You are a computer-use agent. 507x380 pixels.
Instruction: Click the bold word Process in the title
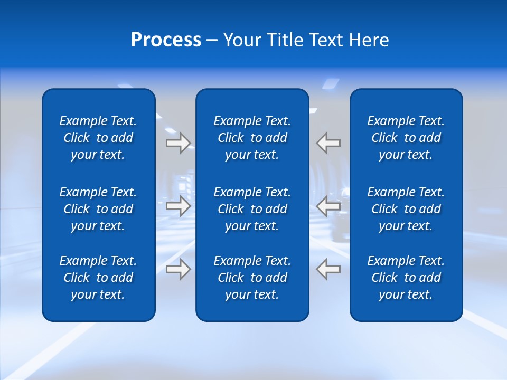point(166,40)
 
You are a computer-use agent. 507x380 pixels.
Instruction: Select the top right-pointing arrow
point(178,142)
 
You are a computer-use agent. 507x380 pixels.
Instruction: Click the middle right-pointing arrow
point(178,206)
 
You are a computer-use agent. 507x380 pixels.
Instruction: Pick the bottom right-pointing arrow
point(178,269)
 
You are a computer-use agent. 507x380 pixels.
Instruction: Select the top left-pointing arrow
point(328,142)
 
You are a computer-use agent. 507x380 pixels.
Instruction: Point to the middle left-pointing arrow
point(328,206)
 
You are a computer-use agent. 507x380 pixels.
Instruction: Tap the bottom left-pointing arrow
point(328,269)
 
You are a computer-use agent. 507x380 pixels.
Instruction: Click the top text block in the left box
point(98,138)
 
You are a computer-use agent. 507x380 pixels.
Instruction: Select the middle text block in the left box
point(98,209)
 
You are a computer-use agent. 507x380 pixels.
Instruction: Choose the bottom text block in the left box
point(98,278)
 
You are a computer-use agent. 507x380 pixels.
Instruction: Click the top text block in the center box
point(252,138)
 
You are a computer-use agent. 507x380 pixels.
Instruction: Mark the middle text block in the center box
point(252,209)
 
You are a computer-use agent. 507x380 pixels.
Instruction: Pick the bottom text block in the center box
point(252,278)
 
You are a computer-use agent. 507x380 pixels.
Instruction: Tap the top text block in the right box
point(406,138)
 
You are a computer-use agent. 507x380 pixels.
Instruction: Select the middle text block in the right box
point(406,209)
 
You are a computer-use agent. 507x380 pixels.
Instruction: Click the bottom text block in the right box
point(406,278)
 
